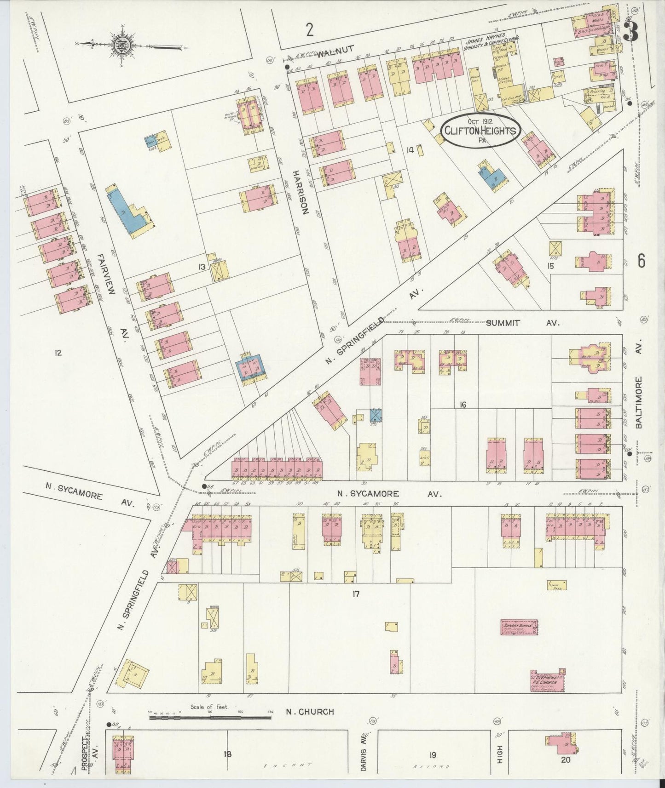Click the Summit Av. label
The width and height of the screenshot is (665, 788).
(522, 323)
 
